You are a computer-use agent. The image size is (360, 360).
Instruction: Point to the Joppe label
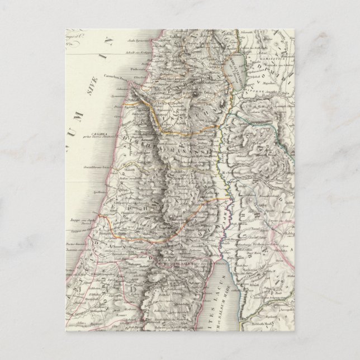click(79, 221)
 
